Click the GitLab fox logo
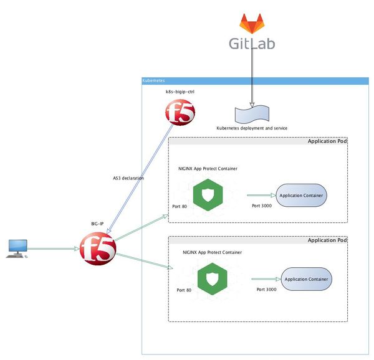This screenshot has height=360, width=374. tap(252, 24)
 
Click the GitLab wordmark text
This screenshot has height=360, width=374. tap(251, 44)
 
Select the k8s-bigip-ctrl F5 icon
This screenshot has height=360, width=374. tap(180, 113)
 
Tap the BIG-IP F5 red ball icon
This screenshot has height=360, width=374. tap(98, 249)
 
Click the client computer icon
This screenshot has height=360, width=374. tap(17, 249)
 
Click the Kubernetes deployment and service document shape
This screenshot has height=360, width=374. tap(252, 114)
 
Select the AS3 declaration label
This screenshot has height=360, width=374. tap(128, 178)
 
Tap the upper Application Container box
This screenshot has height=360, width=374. tap(302, 196)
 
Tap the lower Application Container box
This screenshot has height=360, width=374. tap(306, 279)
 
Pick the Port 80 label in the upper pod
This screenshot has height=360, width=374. tap(180, 206)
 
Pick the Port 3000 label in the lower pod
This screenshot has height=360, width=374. tap(266, 290)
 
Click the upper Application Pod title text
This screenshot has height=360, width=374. tap(327, 141)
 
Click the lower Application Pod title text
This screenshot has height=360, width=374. tap(327, 240)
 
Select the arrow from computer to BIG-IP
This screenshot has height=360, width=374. tap(55, 249)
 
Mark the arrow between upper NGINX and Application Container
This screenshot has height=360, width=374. tap(261, 195)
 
